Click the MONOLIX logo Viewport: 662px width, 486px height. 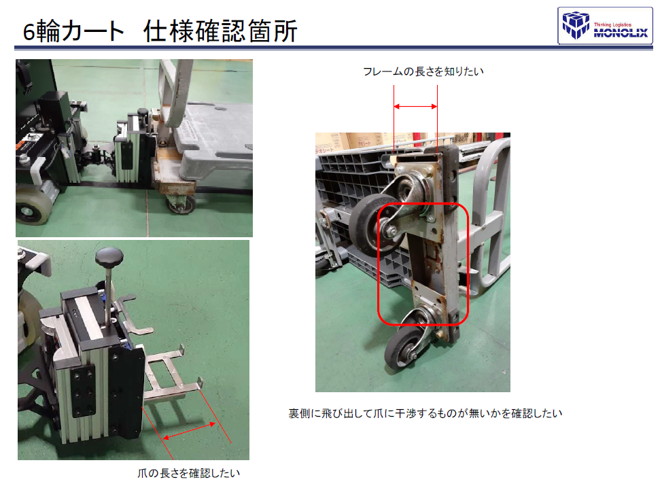coord(605,26)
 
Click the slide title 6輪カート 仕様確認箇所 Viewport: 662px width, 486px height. coord(160,31)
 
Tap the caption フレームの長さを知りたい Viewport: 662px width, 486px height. coord(423,71)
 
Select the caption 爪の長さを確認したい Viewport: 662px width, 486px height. coord(189,473)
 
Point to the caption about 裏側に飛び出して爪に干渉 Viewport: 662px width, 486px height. coord(425,413)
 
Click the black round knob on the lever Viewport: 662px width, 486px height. coord(109,256)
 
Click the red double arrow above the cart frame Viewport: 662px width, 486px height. coord(415,107)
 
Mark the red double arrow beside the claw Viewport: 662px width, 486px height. coord(189,431)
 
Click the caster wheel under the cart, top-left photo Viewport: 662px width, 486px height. coord(181,203)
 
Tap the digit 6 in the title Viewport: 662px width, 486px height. coord(29,32)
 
